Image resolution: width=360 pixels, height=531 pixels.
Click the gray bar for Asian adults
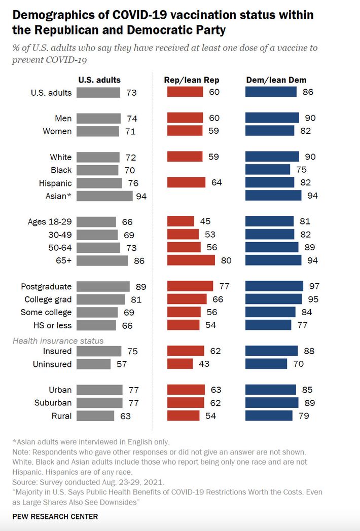click(104, 196)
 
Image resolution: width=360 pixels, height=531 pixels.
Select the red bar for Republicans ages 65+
click(191, 260)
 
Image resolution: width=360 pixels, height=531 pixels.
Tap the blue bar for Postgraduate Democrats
click(274, 286)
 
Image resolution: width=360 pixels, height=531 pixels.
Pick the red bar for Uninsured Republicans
click(180, 364)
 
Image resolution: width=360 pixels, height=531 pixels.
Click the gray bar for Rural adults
click(96, 416)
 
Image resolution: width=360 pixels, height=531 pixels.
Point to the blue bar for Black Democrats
click(268, 170)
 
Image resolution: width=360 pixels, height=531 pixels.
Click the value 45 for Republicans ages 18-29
click(205, 221)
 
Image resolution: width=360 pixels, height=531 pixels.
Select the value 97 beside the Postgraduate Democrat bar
click(313, 286)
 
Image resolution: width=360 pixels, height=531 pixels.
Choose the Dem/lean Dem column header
click(276, 80)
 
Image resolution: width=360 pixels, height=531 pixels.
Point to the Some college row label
click(46, 312)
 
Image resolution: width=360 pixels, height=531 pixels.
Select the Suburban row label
click(53, 403)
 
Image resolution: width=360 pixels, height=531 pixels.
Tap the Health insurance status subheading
click(58, 340)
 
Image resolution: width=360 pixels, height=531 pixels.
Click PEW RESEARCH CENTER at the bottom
click(55, 517)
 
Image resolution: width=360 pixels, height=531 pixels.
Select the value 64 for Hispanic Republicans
click(217, 183)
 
